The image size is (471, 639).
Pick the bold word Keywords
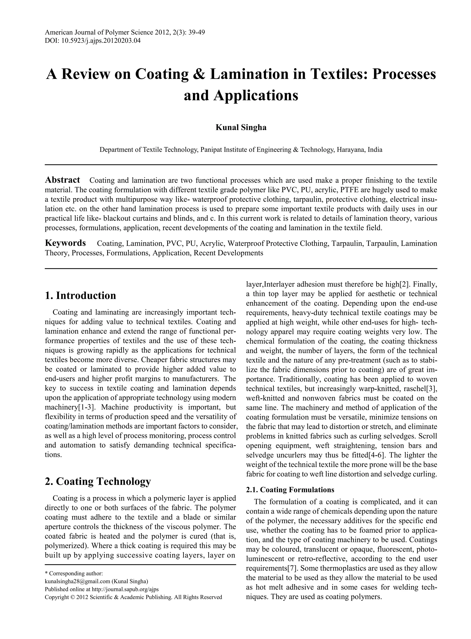[65, 243]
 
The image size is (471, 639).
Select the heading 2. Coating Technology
[98, 481]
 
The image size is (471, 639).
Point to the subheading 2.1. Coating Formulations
[290, 490]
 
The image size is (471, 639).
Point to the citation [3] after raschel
[432, 389]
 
